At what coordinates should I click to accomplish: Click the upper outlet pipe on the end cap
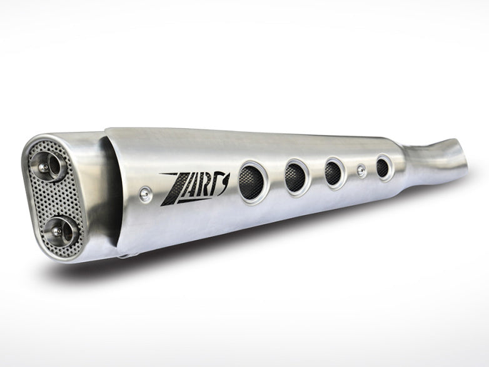[x=48, y=163]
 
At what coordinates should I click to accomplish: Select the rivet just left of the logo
[x=144, y=194]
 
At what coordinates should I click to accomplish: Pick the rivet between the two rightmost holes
[x=361, y=170]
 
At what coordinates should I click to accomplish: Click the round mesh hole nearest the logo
[x=253, y=180]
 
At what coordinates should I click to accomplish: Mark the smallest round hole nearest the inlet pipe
[x=383, y=167]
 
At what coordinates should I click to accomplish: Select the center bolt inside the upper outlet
[x=45, y=165]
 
